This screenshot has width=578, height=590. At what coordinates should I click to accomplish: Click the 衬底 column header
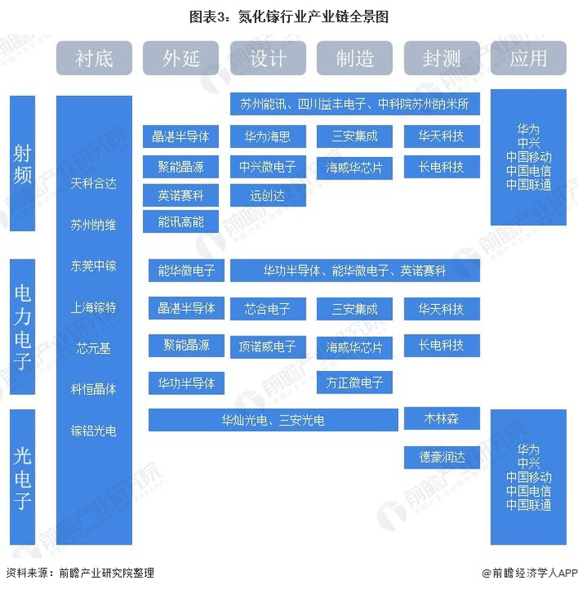click(x=94, y=59)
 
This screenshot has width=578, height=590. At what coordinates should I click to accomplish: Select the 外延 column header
click(x=181, y=59)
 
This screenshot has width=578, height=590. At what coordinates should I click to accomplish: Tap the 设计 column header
click(x=268, y=59)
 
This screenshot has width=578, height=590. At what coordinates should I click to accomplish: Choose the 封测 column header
click(x=442, y=59)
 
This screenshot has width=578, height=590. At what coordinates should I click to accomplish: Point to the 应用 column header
click(x=528, y=59)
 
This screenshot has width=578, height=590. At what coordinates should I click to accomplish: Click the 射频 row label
click(x=22, y=163)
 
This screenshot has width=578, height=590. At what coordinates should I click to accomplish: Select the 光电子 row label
click(x=22, y=478)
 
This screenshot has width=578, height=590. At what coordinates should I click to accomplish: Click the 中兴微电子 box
click(x=268, y=167)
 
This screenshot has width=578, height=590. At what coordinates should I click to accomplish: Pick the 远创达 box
click(x=268, y=196)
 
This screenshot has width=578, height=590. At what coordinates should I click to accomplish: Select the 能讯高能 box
click(x=181, y=221)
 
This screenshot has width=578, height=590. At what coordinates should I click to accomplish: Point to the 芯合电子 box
click(x=268, y=309)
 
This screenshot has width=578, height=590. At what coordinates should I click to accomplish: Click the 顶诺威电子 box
click(x=268, y=346)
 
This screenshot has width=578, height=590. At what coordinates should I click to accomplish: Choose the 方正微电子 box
click(x=355, y=383)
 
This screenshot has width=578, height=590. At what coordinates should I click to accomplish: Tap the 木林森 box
click(x=442, y=419)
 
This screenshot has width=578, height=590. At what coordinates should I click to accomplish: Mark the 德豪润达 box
click(x=442, y=456)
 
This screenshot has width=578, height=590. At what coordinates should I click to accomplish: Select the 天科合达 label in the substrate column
click(x=93, y=183)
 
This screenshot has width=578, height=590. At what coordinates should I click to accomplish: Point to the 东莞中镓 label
click(x=93, y=265)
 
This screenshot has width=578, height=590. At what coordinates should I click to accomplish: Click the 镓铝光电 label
click(x=93, y=430)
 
